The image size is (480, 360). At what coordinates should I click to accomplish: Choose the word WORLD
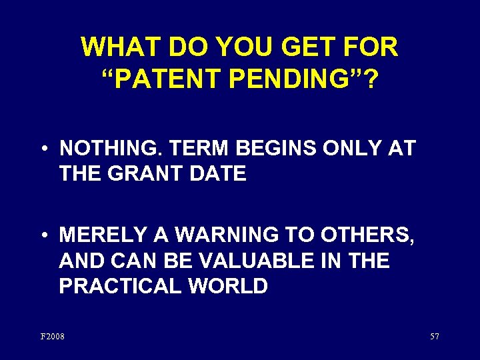coord(228,287)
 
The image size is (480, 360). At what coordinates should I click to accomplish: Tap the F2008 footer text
coord(53,336)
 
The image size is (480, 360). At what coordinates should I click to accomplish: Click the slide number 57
coord(434,336)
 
